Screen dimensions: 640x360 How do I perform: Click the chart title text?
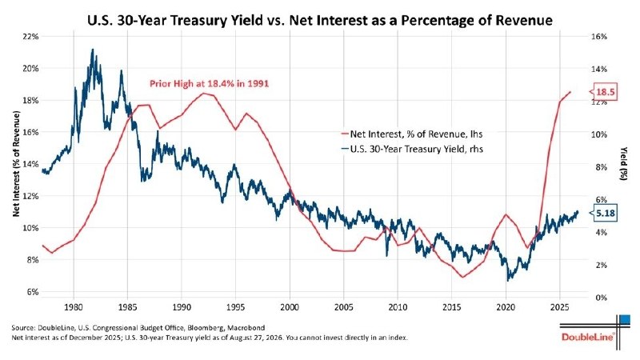[320, 20]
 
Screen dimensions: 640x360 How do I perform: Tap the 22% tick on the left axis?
[30, 36]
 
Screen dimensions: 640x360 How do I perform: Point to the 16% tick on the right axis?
[599, 36]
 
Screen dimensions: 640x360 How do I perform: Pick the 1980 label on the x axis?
[74, 306]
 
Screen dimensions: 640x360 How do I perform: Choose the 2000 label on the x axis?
[290, 306]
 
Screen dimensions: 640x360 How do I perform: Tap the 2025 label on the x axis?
[559, 306]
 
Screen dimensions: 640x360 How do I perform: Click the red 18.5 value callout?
[605, 92]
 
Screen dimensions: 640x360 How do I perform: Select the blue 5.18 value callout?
[605, 213]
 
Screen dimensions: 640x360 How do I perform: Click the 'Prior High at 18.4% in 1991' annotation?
[209, 84]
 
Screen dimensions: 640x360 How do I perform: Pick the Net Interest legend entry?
[412, 134]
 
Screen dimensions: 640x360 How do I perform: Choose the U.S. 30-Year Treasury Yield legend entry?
[412, 149]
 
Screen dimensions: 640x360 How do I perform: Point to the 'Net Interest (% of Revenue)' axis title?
[16, 164]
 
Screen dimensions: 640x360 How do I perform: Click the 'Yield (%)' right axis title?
[624, 164]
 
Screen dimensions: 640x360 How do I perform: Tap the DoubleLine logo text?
[588, 337]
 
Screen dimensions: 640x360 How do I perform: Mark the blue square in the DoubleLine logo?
[625, 319]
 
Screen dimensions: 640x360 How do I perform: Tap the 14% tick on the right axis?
[599, 69]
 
